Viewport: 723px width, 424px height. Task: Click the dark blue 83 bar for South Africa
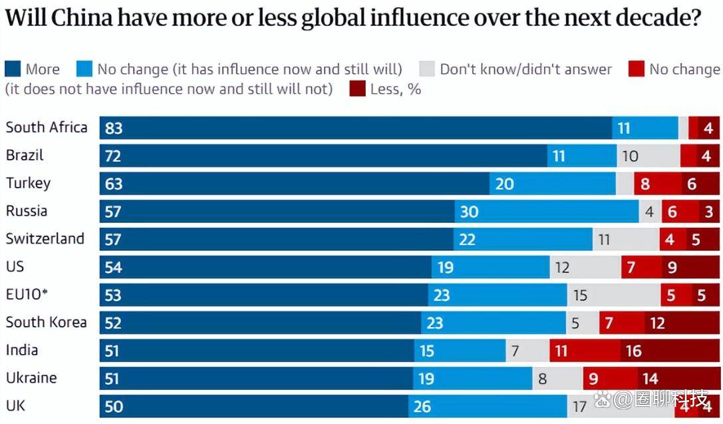356,128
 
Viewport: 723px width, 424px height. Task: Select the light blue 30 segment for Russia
547,212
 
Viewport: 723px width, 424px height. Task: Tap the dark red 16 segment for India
670,350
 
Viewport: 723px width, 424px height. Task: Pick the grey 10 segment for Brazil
649,156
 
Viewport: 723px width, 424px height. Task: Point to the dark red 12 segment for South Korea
682,323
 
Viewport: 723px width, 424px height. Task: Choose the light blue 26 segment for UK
488,406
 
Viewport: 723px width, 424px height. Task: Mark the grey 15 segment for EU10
613,295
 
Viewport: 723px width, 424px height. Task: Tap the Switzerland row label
45,238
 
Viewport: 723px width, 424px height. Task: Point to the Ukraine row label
31,378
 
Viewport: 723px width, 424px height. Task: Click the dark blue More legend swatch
13,69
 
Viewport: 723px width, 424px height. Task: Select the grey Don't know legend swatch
427,69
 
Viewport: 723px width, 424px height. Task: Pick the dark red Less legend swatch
357,89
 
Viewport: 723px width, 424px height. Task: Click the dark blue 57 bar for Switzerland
277,239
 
